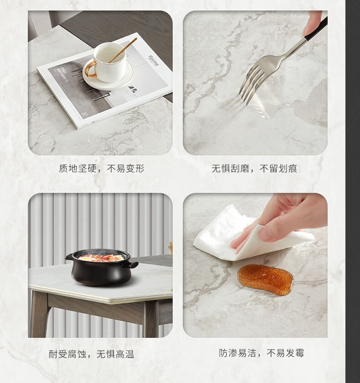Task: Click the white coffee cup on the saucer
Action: pyautogui.click(x=109, y=62)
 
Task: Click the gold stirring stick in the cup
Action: pyautogui.click(x=123, y=50)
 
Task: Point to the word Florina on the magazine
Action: pyautogui.click(x=153, y=61)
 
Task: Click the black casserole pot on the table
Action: pyautogui.click(x=102, y=267)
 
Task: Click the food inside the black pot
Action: pyautogui.click(x=101, y=258)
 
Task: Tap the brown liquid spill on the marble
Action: pyautogui.click(x=266, y=279)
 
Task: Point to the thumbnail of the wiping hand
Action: pyautogui.click(x=265, y=233)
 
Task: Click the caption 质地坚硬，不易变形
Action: pyautogui.click(x=102, y=168)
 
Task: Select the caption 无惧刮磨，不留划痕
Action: pyautogui.click(x=254, y=169)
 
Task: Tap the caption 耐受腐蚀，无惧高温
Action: pyautogui.click(x=91, y=354)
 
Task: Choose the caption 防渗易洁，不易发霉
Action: pyautogui.click(x=261, y=353)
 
